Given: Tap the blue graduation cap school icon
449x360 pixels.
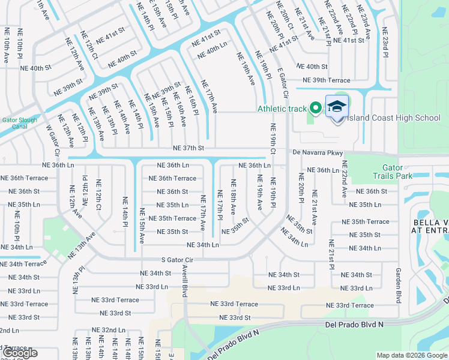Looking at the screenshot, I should click(x=337, y=107).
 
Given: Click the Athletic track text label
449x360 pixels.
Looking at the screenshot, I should click(x=282, y=109).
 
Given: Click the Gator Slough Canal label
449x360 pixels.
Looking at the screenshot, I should click(x=20, y=123).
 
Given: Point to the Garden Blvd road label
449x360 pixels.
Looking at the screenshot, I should click(x=397, y=285).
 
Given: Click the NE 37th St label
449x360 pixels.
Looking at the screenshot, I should click(x=188, y=148).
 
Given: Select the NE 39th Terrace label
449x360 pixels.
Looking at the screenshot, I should click(x=326, y=80).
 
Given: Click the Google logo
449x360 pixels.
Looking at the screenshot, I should click(x=20, y=353).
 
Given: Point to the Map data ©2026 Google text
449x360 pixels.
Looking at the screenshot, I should click(x=412, y=355).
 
